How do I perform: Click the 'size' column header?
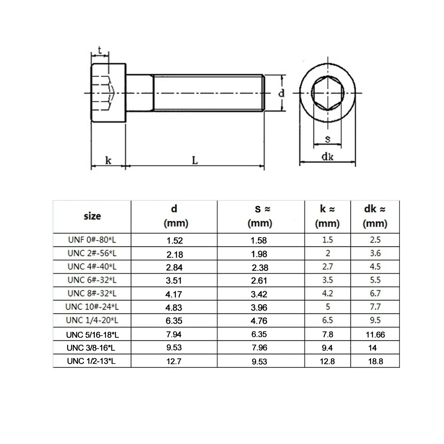[92, 216]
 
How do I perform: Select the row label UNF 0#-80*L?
[92, 240]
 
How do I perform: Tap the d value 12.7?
[174, 361]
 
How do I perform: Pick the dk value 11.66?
[375, 335]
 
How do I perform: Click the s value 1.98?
[259, 254]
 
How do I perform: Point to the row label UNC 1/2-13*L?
[91, 361]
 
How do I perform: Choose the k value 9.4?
[328, 348]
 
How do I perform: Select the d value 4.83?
[174, 307]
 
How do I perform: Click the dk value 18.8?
[375, 361]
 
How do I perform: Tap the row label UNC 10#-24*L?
[92, 307]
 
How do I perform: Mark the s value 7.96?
[259, 348]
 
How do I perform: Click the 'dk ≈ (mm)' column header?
[375, 216]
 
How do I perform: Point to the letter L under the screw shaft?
[195, 160]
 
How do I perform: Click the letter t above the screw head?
[100, 50]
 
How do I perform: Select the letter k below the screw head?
[108, 160]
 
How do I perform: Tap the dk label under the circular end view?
[327, 157]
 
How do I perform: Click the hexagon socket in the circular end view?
[327, 92]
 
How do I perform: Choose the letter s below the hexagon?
[327, 139]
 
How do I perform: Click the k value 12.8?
[328, 361]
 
